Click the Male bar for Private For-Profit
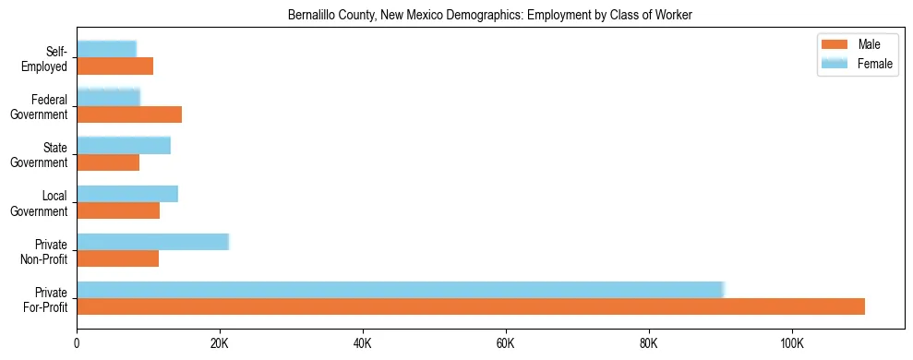click(x=471, y=306)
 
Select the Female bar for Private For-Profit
click(x=401, y=290)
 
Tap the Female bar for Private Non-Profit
click(x=152, y=242)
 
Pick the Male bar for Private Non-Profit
click(x=117, y=258)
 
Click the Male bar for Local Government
click(x=118, y=210)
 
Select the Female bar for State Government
click(x=124, y=146)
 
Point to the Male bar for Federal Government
click(x=129, y=114)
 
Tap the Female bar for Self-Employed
click(x=106, y=49)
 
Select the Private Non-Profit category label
click(x=45, y=251)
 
